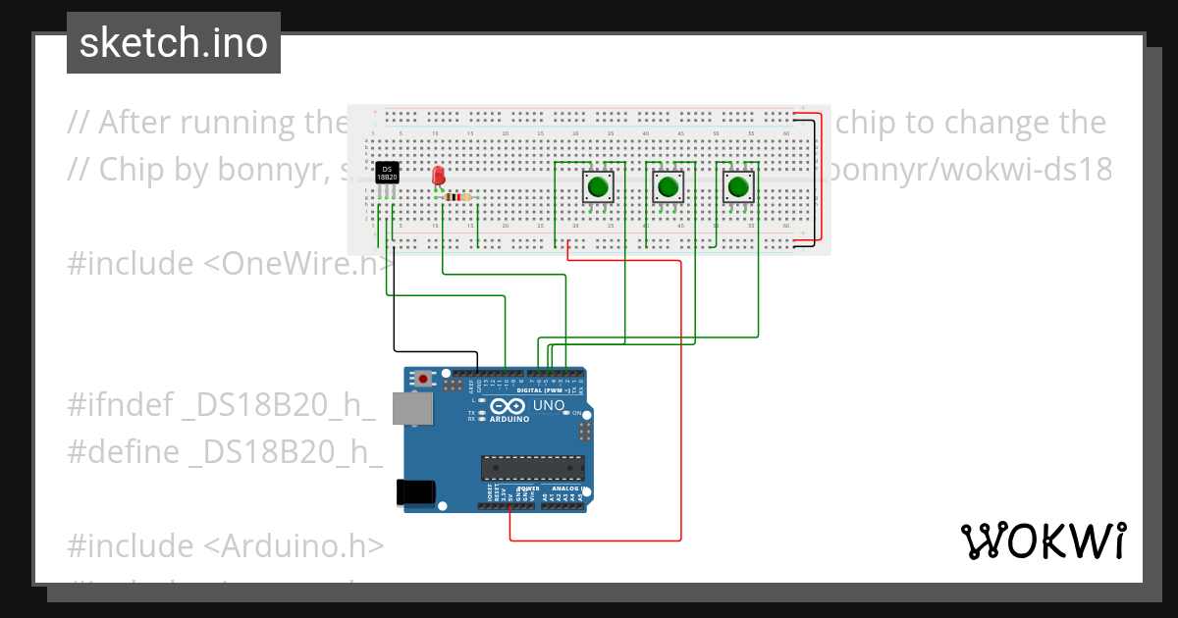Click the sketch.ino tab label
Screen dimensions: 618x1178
[173, 43]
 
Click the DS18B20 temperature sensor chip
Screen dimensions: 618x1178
[387, 173]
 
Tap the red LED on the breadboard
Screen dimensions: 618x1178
[438, 176]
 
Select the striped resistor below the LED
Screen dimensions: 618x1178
[456, 197]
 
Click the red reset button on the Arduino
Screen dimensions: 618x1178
[423, 378]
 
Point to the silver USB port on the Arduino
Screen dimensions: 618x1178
[411, 409]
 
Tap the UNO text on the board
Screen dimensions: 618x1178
[548, 405]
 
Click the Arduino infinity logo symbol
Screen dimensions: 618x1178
[508, 406]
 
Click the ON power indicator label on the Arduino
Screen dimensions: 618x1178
[577, 413]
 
